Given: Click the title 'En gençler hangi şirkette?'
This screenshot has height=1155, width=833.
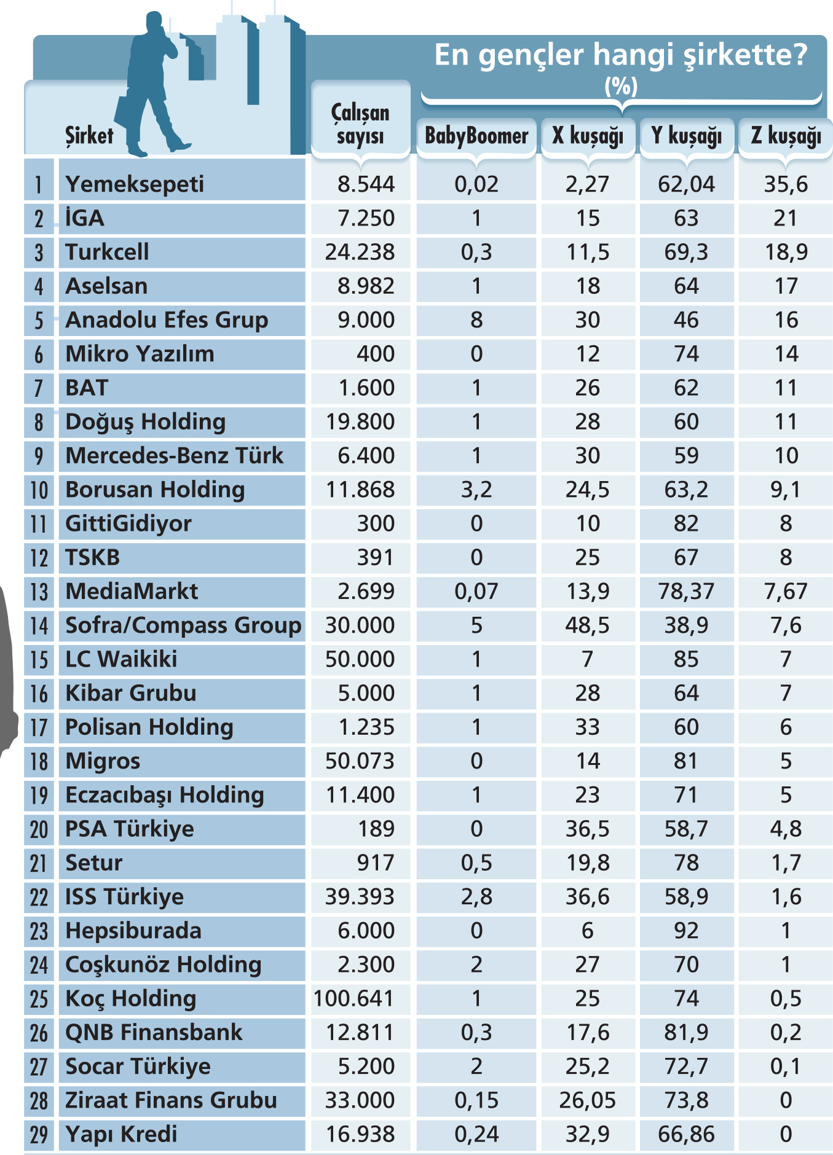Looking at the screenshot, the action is tap(621, 55).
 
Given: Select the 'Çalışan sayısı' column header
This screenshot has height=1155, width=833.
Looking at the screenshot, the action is tap(360, 124).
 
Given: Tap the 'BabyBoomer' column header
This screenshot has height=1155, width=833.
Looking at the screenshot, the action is tap(476, 135).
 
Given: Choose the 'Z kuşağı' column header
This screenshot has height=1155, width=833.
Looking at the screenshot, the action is tap(786, 136).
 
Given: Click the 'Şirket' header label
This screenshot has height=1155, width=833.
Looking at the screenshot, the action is tap(90, 135).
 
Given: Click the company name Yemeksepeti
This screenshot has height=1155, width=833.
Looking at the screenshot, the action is tap(135, 184).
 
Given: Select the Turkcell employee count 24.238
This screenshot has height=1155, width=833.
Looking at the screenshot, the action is tap(360, 252).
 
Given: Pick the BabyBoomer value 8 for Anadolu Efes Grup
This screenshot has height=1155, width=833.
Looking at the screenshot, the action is tap(476, 320).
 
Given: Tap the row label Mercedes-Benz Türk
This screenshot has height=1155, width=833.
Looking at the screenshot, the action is tap(175, 455).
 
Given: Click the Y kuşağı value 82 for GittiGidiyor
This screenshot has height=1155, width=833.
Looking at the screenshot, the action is tap(686, 523).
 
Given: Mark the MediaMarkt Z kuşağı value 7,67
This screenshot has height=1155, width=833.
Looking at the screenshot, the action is tap(786, 591).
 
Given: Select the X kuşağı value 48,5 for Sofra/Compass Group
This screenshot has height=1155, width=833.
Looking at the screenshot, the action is tap(588, 625).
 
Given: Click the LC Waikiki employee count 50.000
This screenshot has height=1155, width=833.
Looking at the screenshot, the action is tap(360, 659).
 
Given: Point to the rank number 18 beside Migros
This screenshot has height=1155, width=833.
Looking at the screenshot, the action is tap(39, 761).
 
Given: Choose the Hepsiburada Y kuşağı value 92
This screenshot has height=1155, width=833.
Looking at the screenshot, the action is tap(686, 931).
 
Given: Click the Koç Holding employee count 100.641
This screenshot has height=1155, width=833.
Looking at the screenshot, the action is tap(353, 998).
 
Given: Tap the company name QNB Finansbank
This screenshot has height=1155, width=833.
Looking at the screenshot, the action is tap(154, 1032).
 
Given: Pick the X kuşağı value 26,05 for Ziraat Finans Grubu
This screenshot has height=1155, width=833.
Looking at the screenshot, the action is tap(588, 1100).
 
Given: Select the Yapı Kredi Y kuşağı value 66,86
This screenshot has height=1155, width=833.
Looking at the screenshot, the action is tap(686, 1134).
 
